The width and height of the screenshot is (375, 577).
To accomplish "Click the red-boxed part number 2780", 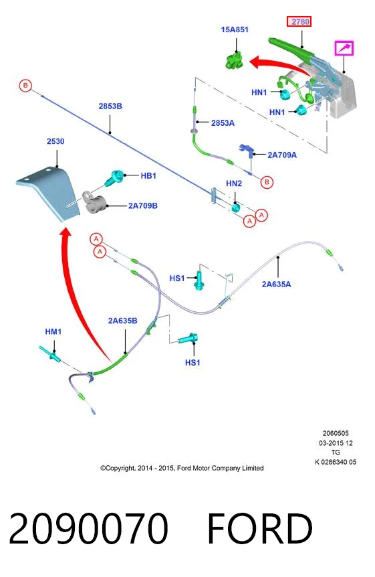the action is tap(299, 21).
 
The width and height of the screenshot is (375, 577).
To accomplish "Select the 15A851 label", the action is tap(235, 29).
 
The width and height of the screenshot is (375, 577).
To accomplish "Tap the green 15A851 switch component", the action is tap(234, 60).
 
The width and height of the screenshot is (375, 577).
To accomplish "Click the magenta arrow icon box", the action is tap(344, 48).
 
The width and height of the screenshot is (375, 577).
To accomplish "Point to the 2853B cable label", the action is tap(110, 106).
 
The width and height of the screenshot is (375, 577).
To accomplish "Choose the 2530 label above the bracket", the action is tap(55, 141).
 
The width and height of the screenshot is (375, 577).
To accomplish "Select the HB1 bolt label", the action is tap(148, 176).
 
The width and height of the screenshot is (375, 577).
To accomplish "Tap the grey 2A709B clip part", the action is tap(94, 202).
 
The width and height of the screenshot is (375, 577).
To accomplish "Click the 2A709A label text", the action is tap(282, 155).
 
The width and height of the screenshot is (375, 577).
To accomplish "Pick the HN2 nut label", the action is tap(234, 183).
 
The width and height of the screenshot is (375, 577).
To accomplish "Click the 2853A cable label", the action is tap(223, 123).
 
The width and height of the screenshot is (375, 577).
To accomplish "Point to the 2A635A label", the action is tap(276, 284).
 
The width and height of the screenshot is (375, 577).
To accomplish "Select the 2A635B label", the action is tap(122, 321).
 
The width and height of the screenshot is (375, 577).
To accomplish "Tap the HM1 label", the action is tap(53, 331).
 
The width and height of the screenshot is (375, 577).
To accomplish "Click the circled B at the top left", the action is tap(25, 86).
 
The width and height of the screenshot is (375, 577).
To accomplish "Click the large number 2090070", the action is tap(88, 528).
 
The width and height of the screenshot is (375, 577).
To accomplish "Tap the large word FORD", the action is tap(260, 528).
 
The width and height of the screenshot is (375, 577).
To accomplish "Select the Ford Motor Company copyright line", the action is tap(182, 468).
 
